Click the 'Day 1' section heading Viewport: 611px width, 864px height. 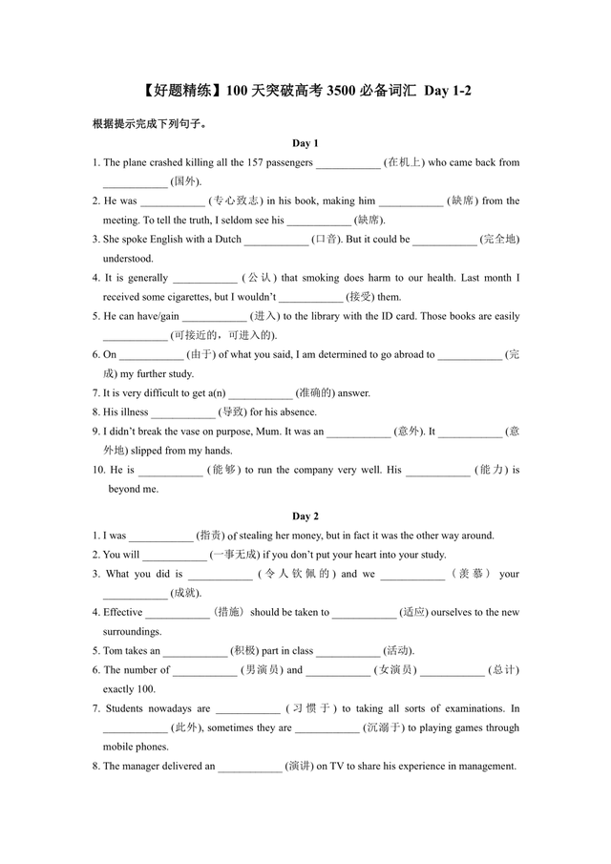(305, 143)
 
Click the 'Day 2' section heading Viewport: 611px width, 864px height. (305, 516)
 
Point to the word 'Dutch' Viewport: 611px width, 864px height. (227, 240)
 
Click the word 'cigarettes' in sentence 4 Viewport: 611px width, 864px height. (188, 297)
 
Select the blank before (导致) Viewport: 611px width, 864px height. (183, 412)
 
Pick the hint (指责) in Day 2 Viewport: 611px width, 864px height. (210, 536)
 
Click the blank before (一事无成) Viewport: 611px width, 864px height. (175, 555)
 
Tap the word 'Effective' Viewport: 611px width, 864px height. (122, 612)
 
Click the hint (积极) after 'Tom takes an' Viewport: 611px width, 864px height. (243, 651)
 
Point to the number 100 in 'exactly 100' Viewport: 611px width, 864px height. (157, 689)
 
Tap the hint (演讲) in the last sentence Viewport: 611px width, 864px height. (299, 766)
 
